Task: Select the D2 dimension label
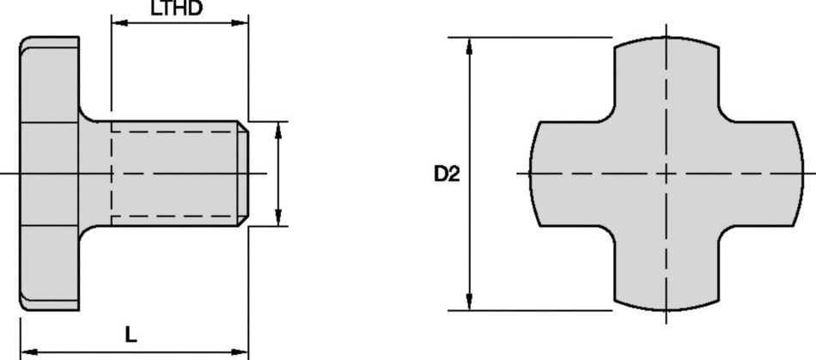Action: point(447,174)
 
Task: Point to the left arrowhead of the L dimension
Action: point(27,351)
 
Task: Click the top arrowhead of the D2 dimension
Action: point(469,44)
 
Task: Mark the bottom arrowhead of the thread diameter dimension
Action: point(277,220)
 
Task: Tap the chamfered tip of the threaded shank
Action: point(245,173)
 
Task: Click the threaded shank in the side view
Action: point(176,173)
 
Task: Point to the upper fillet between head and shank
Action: point(87,114)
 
